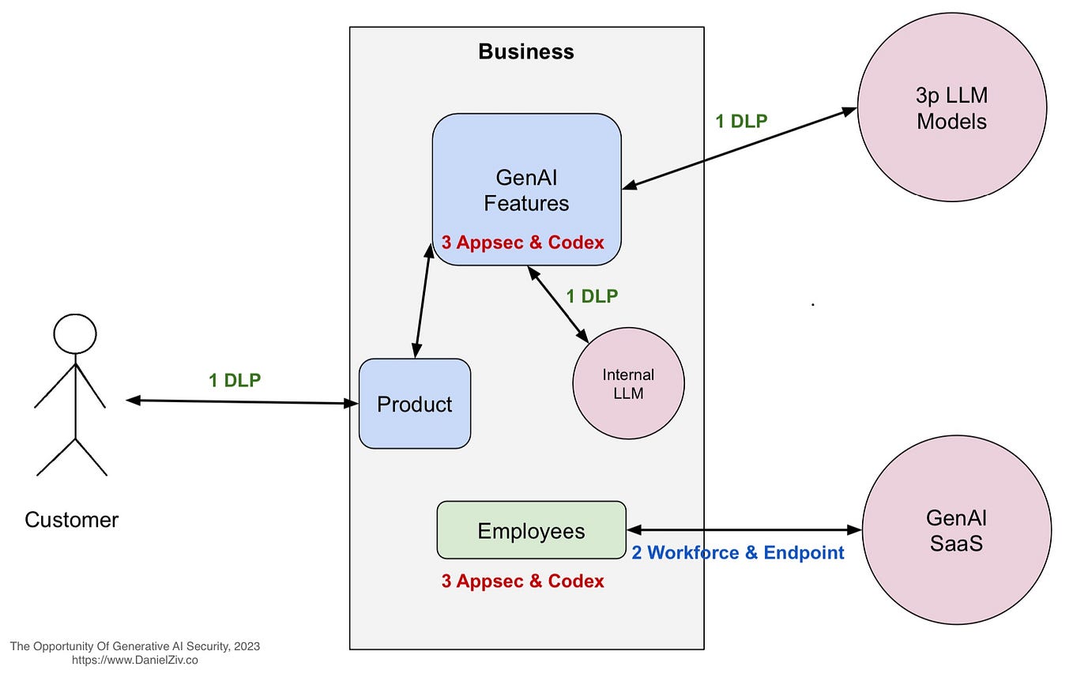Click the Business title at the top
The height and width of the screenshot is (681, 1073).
(526, 52)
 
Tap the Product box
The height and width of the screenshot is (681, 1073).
(415, 404)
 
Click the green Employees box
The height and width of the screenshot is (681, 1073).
(531, 530)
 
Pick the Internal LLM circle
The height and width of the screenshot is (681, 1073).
(628, 383)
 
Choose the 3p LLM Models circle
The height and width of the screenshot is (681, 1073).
(951, 108)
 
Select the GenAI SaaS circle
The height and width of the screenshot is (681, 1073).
(956, 530)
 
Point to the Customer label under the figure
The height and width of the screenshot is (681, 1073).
(71, 520)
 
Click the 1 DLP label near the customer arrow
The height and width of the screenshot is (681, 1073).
(235, 380)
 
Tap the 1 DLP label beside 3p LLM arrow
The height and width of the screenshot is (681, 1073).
(741, 121)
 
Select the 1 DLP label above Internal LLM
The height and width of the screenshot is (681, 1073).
(592, 296)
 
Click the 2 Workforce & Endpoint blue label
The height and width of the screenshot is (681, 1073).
(738, 553)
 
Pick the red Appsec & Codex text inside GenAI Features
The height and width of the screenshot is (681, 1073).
(522, 243)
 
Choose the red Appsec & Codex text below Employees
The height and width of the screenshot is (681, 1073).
(522, 581)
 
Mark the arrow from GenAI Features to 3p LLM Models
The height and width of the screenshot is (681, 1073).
(740, 148)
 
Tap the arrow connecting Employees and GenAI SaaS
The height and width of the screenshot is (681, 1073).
(743, 530)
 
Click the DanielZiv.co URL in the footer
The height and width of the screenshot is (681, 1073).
(135, 660)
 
